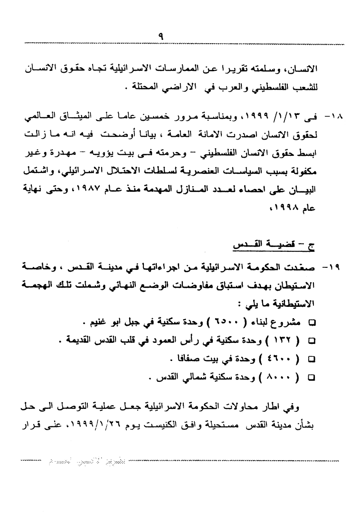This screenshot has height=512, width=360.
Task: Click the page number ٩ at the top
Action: click(x=161, y=36)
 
